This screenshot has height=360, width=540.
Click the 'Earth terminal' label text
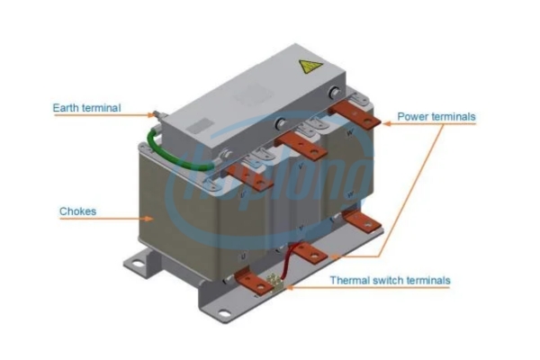86,108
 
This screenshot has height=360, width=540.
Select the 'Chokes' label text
77,211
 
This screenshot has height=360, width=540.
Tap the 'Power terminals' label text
436,116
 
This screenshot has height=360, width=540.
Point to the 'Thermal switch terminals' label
391,280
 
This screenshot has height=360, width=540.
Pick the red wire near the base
287,260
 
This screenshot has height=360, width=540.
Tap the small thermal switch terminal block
276,282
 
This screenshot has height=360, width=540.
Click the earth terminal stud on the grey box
157,114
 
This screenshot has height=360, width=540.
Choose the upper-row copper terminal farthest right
355,114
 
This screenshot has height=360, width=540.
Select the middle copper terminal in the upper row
301,146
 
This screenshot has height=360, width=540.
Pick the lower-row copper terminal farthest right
363,220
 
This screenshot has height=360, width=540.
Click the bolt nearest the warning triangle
334,93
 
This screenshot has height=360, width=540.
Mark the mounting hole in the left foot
138,265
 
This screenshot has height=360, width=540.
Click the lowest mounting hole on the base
224,314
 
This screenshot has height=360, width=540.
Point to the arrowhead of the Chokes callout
148,219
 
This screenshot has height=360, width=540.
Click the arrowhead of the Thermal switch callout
289,287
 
